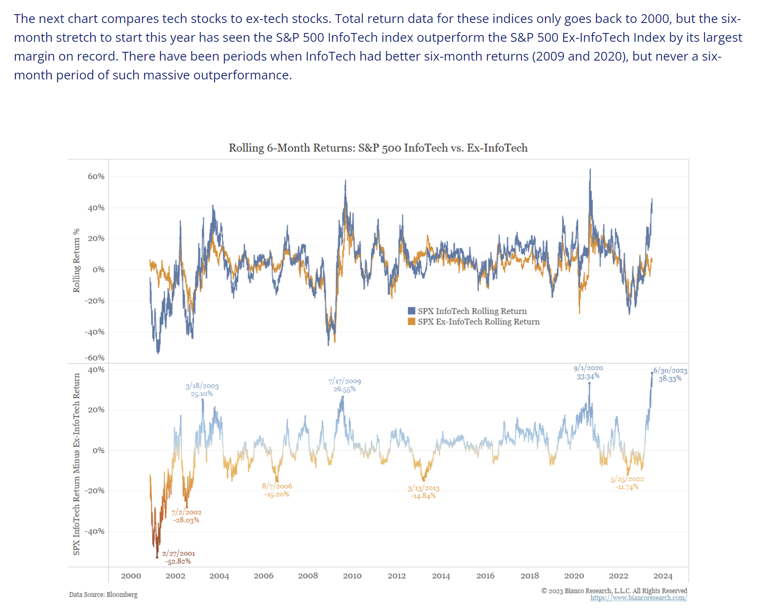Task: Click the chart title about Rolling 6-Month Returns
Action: pos(378,148)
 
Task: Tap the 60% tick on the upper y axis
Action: pos(96,176)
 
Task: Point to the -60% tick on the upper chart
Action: pos(95,358)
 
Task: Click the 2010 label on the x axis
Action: pos(352,576)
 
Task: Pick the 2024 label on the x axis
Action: pos(663,576)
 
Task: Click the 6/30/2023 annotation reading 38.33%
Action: pos(670,374)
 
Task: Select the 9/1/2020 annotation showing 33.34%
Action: pos(588,372)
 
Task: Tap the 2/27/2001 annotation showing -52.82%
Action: pos(178,557)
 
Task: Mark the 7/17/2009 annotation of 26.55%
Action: pos(345,385)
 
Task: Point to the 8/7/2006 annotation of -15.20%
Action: pos(277,490)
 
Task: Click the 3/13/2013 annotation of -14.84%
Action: pos(423,492)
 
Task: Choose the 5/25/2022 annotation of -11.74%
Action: pos(627,483)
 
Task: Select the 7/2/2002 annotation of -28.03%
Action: pos(186,516)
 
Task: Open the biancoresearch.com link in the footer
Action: pos(638,598)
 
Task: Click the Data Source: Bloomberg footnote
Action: pos(103,595)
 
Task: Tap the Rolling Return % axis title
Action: pos(76,260)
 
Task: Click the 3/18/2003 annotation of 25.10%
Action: pos(202,389)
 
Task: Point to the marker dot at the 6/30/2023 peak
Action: pos(652,373)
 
